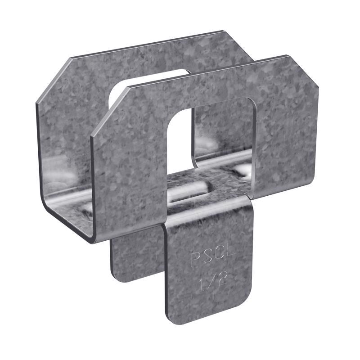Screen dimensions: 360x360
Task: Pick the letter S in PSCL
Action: coord(207,260)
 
